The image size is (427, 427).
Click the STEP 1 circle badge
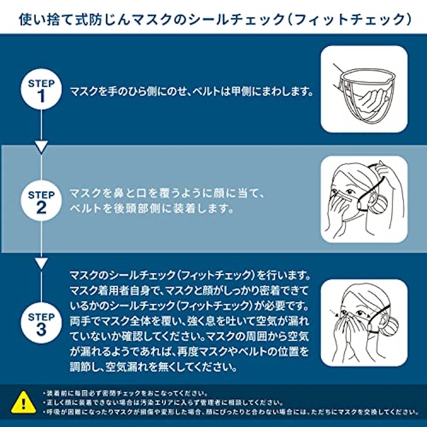41,89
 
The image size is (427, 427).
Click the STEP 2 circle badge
41,201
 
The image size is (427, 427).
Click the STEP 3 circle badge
41,323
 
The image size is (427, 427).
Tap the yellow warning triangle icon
23,403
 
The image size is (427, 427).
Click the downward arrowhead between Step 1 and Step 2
42,147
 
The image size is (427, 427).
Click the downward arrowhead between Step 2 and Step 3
42,264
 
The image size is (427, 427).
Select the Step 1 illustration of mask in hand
364,89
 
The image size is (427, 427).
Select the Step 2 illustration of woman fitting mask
364,199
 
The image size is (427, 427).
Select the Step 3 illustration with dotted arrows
364,323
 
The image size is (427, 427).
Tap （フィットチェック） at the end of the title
350,20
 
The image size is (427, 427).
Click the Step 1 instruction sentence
192,91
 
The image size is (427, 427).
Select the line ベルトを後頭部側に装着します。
152,209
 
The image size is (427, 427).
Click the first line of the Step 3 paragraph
190,275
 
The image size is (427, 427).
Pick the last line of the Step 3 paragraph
153,367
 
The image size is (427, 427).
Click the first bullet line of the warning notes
125,393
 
